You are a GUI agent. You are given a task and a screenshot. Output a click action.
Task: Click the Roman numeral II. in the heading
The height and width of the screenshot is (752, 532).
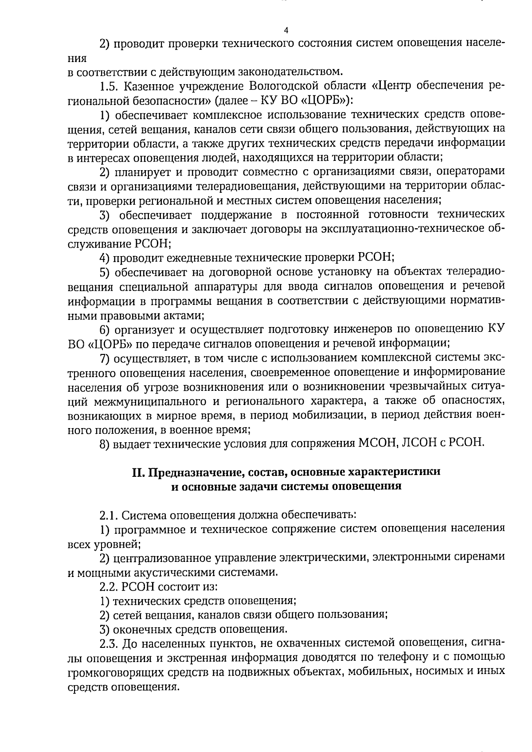tap(138, 471)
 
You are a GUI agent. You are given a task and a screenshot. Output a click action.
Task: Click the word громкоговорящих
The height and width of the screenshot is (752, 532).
tap(115, 671)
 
